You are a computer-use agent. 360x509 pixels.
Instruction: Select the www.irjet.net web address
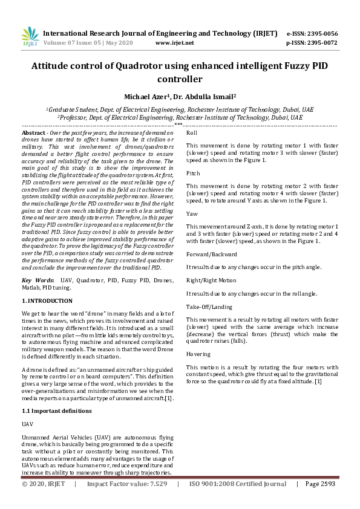pyautogui.click(x=175, y=44)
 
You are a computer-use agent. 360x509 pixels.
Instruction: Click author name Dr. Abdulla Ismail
pyautogui.click(x=205, y=96)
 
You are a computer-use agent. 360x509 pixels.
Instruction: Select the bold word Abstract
pyautogui.click(x=33, y=132)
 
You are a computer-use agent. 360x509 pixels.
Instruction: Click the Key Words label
pyautogui.click(x=36, y=280)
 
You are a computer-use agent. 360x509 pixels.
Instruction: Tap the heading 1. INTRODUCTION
pyautogui.click(x=47, y=300)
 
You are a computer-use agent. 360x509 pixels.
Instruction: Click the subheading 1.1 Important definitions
pyautogui.click(x=56, y=411)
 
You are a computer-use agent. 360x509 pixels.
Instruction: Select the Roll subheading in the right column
pyautogui.click(x=192, y=132)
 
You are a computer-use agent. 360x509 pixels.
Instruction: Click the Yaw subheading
pyautogui.click(x=191, y=214)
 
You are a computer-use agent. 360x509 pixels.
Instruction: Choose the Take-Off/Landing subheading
pyautogui.click(x=209, y=306)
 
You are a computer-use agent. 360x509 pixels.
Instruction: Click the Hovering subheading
pyautogui.click(x=198, y=354)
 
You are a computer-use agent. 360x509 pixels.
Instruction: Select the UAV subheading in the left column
pyautogui.click(x=28, y=424)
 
